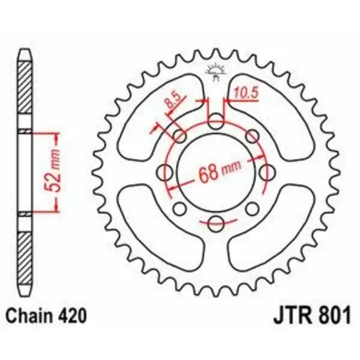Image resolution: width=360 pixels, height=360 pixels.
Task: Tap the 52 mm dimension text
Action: pyautogui.click(x=52, y=171)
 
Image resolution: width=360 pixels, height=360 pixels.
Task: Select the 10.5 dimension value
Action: pyautogui.click(x=246, y=93)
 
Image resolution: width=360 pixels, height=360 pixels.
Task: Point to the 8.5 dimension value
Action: pyautogui.click(x=173, y=100)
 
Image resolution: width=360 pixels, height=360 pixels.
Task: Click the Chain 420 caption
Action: pyautogui.click(x=46, y=315)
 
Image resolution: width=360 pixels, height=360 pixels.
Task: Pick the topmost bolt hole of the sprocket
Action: pyautogui.click(x=216, y=121)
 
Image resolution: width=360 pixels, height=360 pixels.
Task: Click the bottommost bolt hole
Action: pyautogui.click(x=216, y=223)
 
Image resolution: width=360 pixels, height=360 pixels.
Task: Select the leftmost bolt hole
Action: pyautogui.click(x=164, y=172)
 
